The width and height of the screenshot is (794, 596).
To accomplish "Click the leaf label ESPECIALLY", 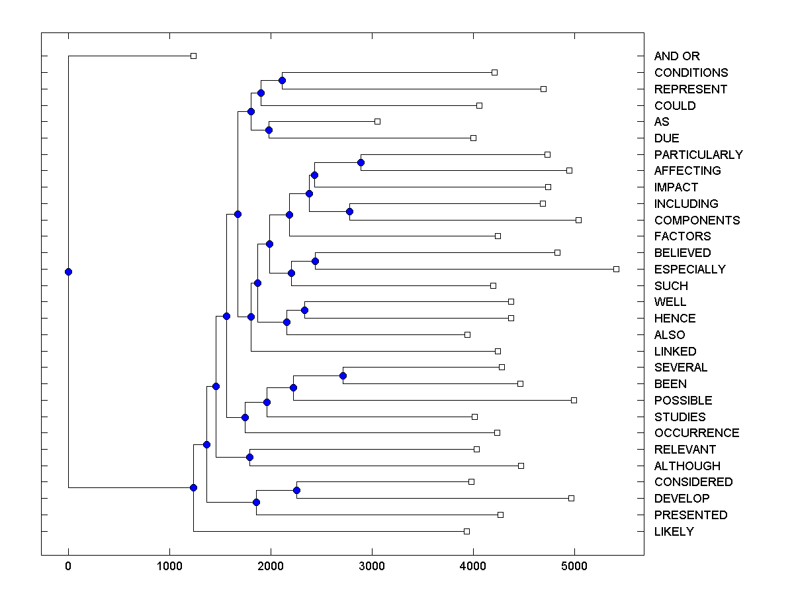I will [x=689, y=270].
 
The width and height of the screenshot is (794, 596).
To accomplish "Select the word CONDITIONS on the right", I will [x=691, y=73].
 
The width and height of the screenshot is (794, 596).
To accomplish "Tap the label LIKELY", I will [x=674, y=532].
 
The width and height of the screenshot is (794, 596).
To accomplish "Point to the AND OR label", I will [x=676, y=56].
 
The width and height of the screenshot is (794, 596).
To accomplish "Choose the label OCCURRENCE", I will [x=696, y=433].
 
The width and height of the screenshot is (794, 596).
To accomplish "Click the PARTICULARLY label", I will [x=698, y=155].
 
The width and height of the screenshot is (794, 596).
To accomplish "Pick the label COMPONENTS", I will [x=697, y=221].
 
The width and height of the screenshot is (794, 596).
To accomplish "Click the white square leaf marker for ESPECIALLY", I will [x=616, y=269].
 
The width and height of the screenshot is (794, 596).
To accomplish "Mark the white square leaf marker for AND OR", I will [x=193, y=56].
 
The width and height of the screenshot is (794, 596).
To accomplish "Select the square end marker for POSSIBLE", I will [x=574, y=400].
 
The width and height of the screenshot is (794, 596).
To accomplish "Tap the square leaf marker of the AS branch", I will [x=377, y=121].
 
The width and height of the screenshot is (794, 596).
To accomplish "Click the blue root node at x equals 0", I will [x=68, y=272].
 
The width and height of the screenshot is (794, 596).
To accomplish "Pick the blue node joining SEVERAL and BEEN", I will [x=343, y=375].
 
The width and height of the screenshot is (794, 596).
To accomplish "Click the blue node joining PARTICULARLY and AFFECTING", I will [x=361, y=162].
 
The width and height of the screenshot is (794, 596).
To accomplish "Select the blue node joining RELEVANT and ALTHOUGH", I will [x=249, y=457].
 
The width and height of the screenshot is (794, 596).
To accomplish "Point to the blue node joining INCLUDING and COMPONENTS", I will [x=349, y=212].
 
